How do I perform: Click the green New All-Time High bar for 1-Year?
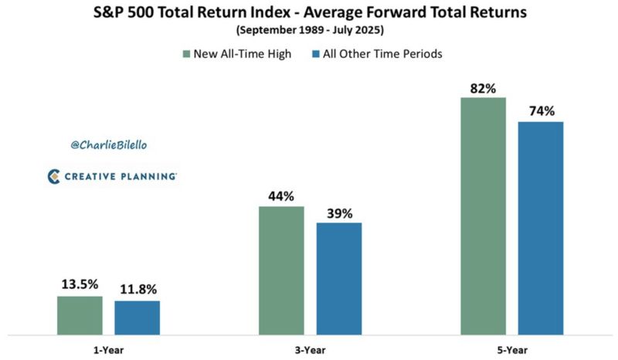click(80, 315)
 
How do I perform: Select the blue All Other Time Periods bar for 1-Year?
click(138, 318)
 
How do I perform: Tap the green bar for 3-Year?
click(281, 270)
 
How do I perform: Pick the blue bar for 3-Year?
click(339, 279)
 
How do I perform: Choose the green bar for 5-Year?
click(484, 216)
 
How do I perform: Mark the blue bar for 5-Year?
click(542, 228)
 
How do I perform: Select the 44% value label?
click(281, 196)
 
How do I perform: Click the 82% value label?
click(484, 87)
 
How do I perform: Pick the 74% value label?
click(542, 111)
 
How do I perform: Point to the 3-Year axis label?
click(310, 348)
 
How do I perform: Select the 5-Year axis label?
click(512, 348)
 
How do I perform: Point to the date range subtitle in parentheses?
click(309, 32)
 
